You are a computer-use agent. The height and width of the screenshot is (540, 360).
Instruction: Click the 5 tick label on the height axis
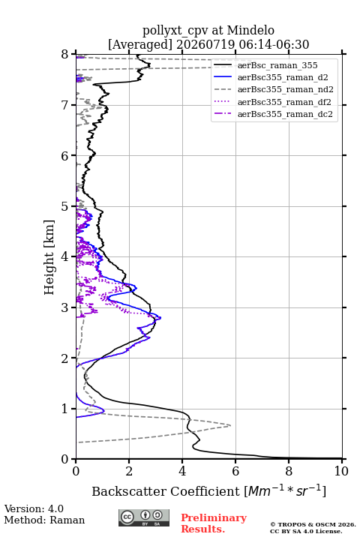[x=64, y=206]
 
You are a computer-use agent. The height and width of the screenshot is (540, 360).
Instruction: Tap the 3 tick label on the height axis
[x=64, y=307]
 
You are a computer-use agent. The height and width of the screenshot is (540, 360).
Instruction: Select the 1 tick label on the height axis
[x=64, y=409]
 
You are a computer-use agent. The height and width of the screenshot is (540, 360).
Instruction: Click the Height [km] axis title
[x=49, y=257]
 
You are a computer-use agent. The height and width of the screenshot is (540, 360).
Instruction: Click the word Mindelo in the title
[x=250, y=30]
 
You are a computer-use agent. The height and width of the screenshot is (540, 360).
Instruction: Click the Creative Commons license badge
[x=144, y=517]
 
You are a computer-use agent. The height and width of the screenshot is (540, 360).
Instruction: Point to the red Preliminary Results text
[x=214, y=523]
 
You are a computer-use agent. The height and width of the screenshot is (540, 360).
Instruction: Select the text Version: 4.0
[x=34, y=508]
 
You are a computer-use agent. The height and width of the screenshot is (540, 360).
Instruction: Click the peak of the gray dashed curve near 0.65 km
[x=230, y=426]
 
